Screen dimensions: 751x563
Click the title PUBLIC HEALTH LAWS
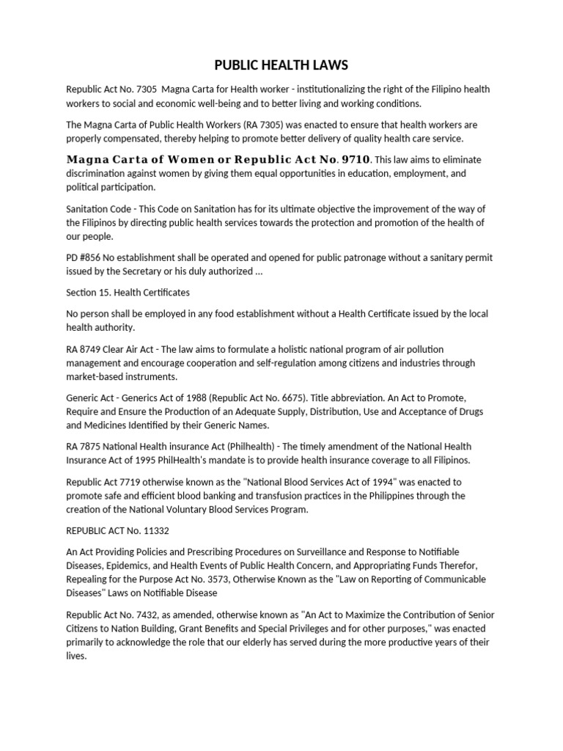(281, 65)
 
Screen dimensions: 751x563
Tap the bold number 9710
(353, 159)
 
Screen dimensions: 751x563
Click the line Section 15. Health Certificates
(128, 292)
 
